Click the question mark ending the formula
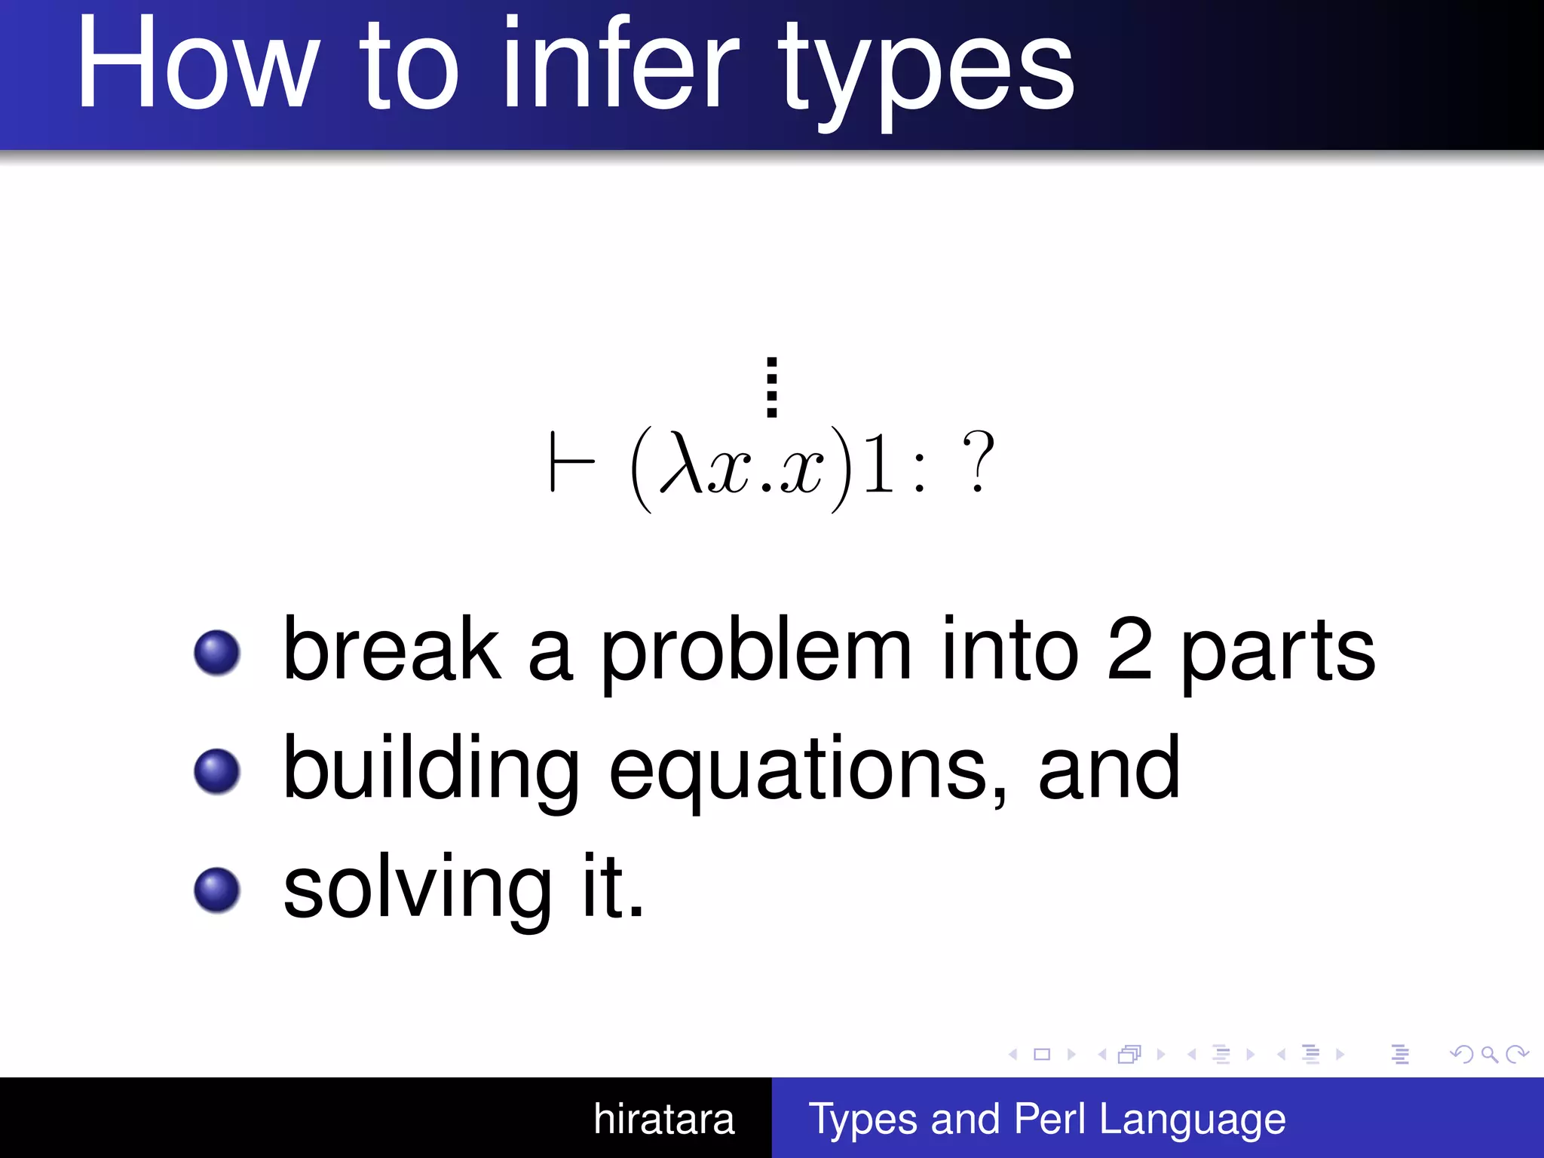point(978,461)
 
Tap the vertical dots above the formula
point(771,387)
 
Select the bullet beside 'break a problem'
point(217,652)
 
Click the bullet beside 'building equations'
point(217,771)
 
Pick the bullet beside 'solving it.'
point(217,890)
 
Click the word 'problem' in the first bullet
point(755,652)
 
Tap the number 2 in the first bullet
point(1129,648)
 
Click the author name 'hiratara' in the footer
point(663,1119)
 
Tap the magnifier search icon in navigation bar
point(1489,1054)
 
